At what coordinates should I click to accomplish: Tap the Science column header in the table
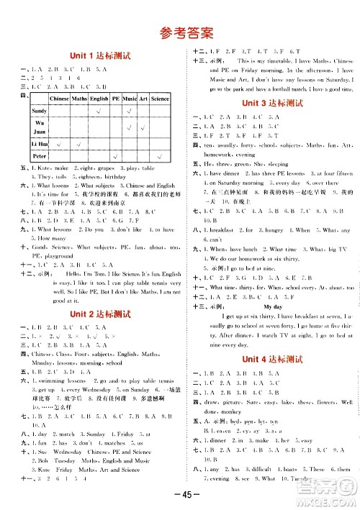[160, 99]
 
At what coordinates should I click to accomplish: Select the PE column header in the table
[115, 99]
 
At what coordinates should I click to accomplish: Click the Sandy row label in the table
[39, 111]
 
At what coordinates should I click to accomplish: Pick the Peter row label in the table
[40, 156]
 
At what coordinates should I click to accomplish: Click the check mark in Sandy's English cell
[98, 111]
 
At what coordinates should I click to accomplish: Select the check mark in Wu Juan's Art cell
[143, 127]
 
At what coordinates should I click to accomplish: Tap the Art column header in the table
[143, 99]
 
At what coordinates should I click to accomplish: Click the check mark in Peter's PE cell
[115, 156]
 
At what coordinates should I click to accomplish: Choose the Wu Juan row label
[39, 127]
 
